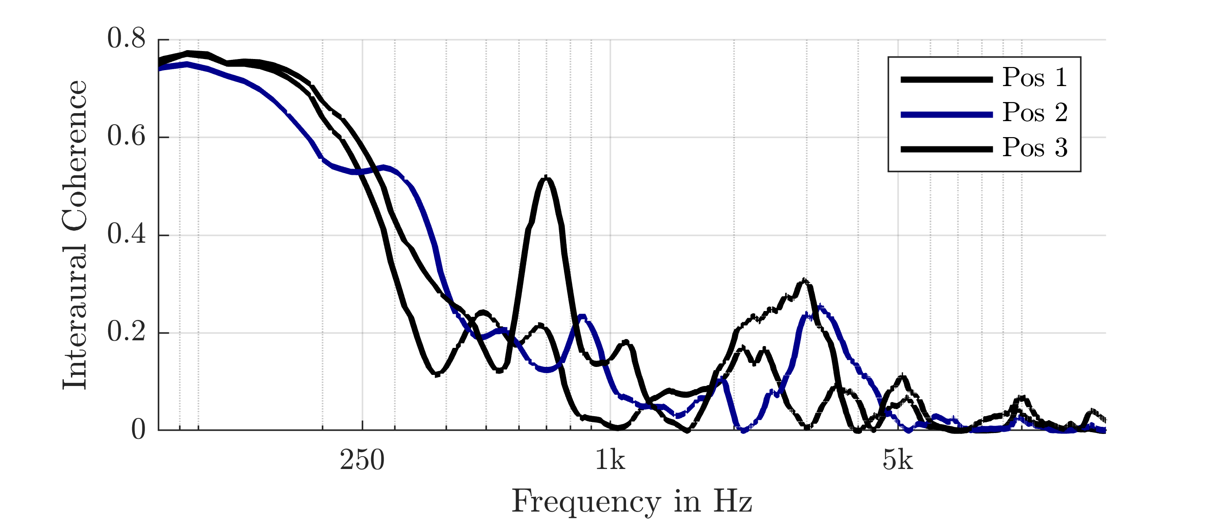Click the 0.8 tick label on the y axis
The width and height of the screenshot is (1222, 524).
tap(126, 39)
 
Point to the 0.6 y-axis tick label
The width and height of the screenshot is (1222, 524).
tap(126, 137)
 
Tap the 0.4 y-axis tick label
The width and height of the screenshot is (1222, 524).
tap(126, 235)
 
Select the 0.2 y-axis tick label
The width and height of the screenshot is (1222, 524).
tap(126, 332)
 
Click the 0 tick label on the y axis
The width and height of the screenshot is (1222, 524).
tap(138, 430)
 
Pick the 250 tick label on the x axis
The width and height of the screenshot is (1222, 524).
tap(362, 461)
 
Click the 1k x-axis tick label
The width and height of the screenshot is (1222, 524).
tap(610, 461)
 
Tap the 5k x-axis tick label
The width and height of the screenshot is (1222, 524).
tap(897, 461)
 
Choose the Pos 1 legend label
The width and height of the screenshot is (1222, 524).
tap(1034, 77)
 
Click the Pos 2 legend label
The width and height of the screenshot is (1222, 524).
tap(1034, 113)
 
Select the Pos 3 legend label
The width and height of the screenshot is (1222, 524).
tap(1034, 148)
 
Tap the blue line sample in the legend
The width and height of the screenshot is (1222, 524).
tap(946, 114)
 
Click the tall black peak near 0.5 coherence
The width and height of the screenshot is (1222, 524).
tap(546, 178)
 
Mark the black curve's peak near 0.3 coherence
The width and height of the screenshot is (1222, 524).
tap(803, 281)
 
